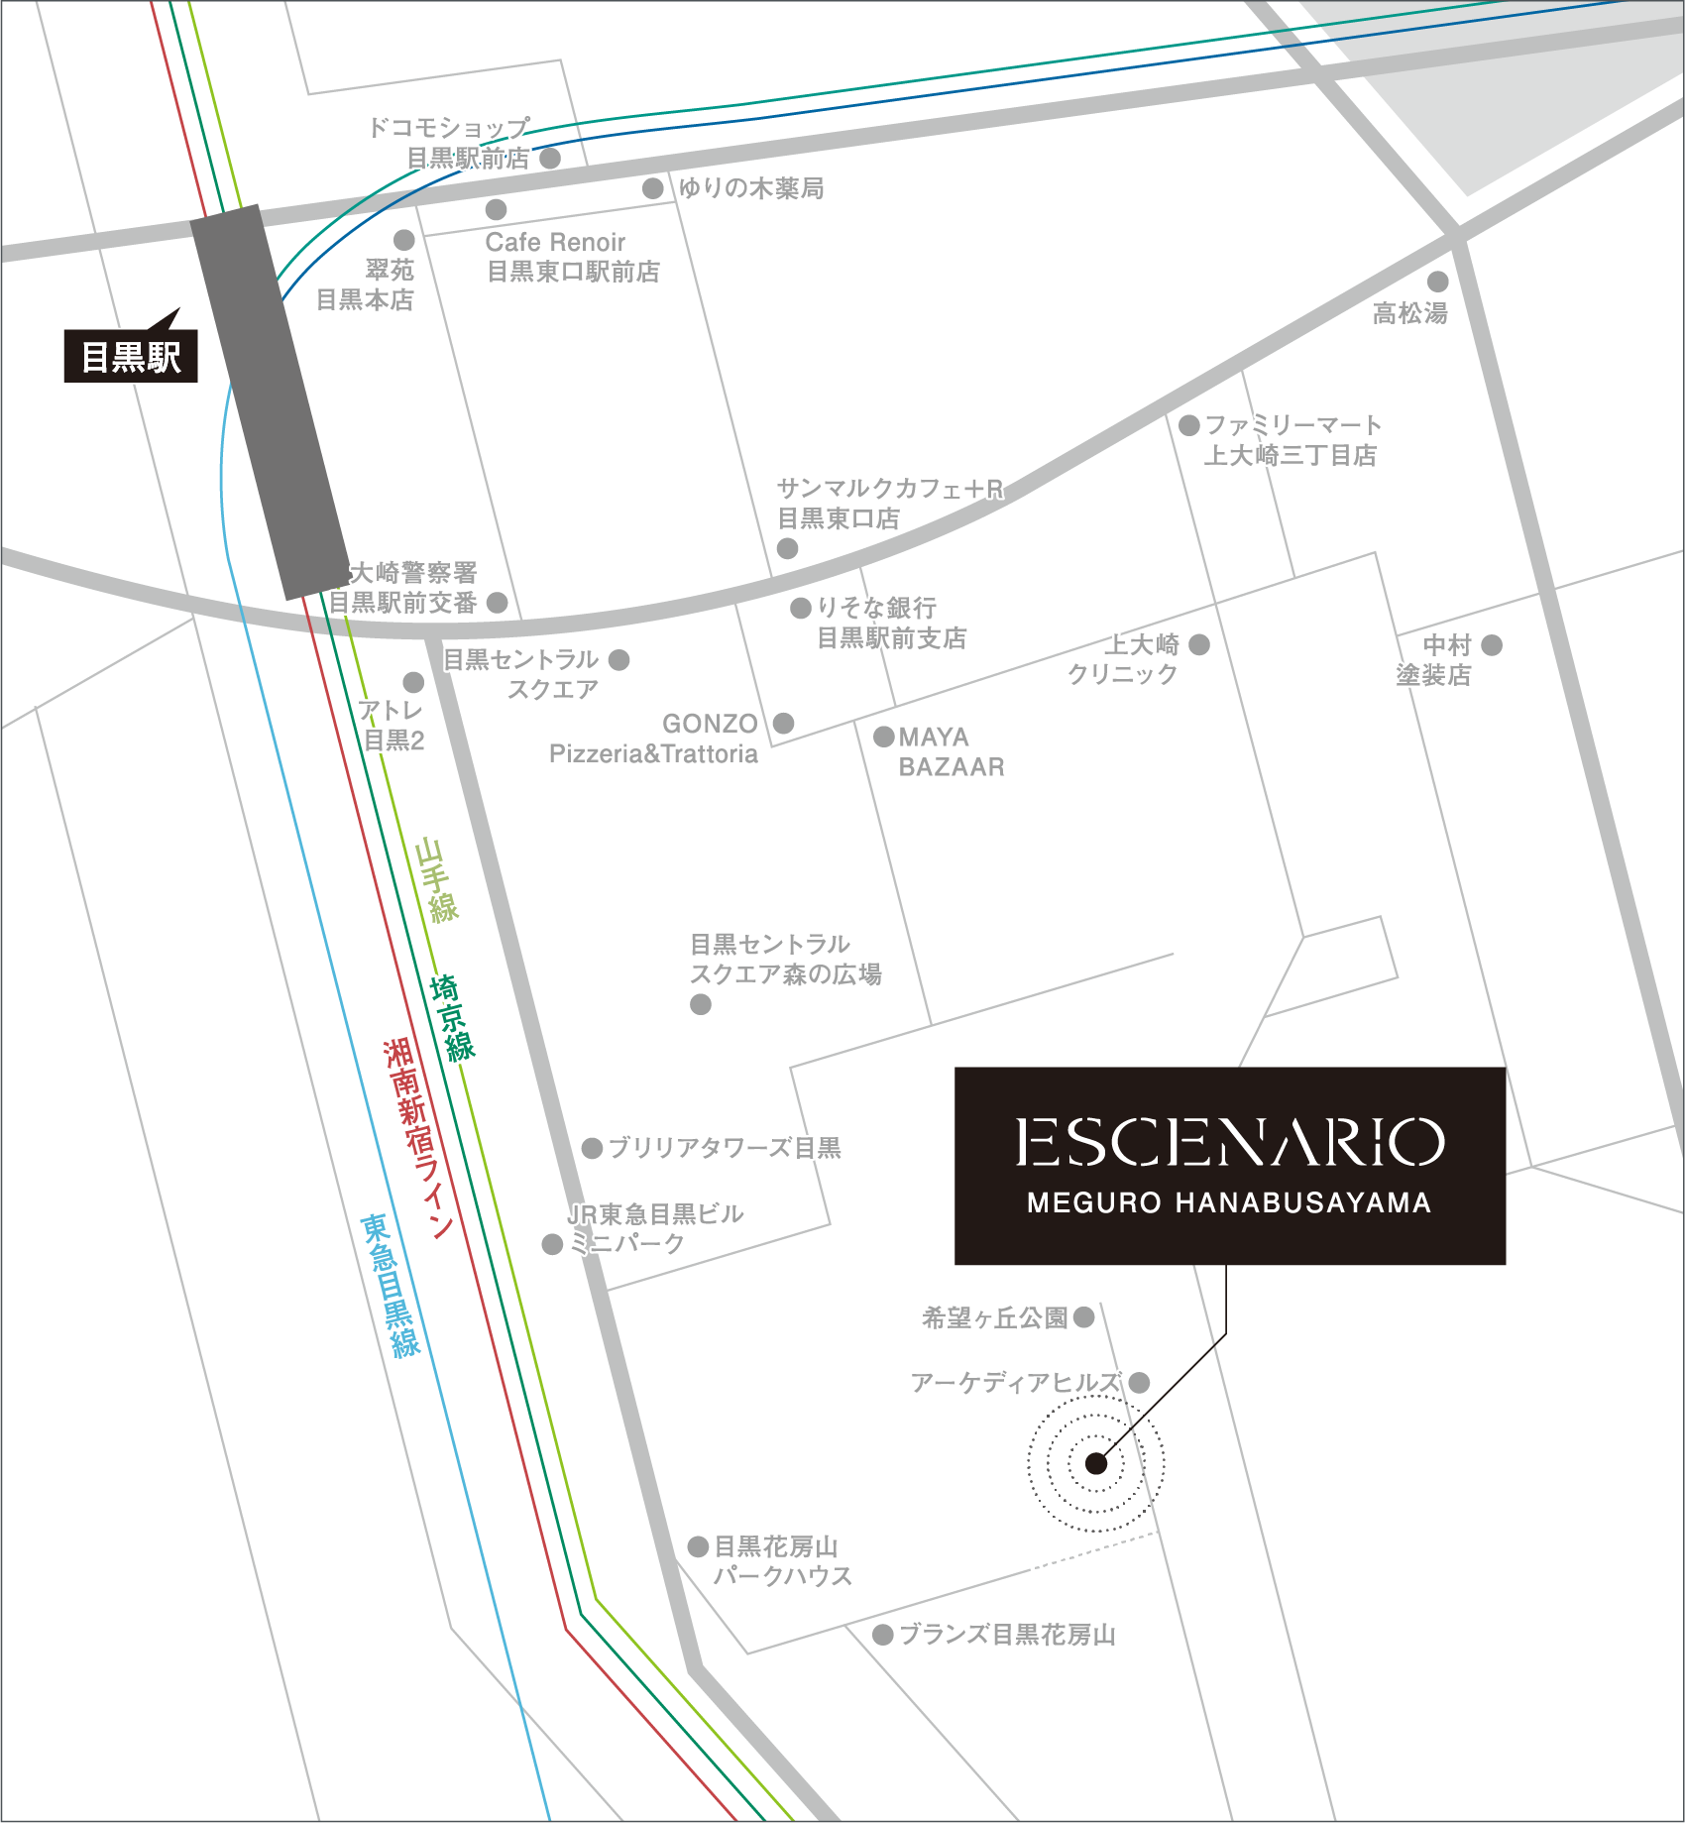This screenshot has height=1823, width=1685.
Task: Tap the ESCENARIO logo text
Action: (1229, 1143)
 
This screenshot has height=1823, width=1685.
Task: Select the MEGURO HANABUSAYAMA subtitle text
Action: (1229, 1203)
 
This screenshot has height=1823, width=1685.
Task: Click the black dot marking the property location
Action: (1096, 1463)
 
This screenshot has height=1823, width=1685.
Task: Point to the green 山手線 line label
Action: (436, 880)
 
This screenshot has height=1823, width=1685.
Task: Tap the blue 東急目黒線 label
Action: (391, 1285)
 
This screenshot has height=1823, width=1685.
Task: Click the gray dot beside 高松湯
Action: (1438, 282)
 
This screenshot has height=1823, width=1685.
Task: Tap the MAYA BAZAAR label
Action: (950, 751)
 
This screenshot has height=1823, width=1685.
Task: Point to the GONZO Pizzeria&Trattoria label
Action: (655, 739)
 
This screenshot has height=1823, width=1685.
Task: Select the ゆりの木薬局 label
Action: (750, 188)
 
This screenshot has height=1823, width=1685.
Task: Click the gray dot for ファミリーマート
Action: (1189, 425)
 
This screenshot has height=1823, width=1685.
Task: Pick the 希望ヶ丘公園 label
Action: (994, 1317)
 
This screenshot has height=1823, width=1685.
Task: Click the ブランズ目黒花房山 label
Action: (1007, 1635)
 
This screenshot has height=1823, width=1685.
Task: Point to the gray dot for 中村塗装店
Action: (1492, 645)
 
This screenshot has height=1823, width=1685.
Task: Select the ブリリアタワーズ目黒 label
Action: (724, 1148)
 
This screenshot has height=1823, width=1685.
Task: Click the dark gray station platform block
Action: (270, 402)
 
